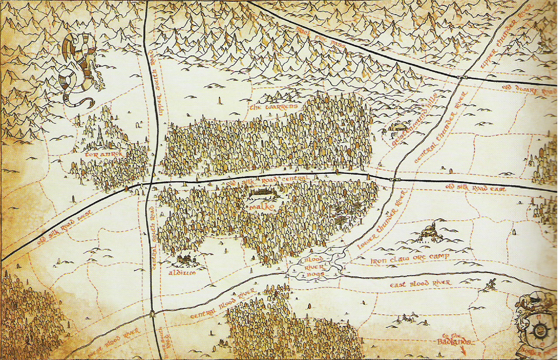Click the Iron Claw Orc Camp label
(410, 259)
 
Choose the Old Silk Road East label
(475, 188)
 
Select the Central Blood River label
(222, 304)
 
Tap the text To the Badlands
(454, 339)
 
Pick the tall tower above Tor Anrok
(100, 136)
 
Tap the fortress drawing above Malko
(262, 193)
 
